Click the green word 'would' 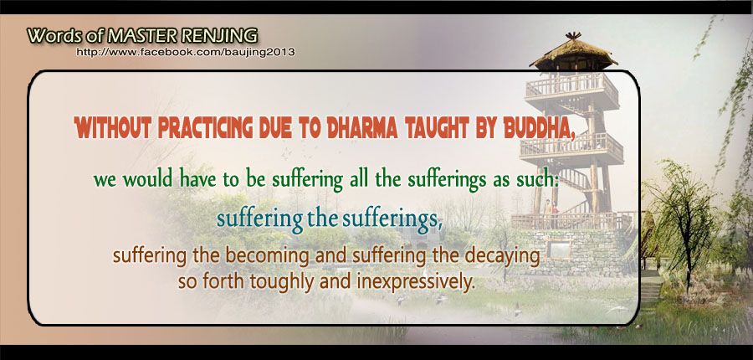148,180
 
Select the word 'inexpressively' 416,281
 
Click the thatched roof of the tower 573,54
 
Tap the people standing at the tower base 551,212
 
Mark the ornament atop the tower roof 573,35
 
